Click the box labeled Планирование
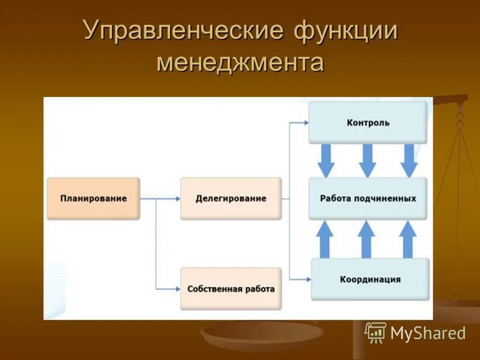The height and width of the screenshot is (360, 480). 93,199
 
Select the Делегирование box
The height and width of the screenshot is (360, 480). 230,199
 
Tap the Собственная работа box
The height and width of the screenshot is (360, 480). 230,289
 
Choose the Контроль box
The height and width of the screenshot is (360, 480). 368,122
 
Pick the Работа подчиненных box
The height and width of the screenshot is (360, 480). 368,198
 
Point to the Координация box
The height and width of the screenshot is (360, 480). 370,279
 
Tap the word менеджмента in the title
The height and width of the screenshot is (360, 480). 240,62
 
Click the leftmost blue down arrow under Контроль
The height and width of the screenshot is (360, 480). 326,160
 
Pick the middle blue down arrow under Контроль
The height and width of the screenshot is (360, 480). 367,160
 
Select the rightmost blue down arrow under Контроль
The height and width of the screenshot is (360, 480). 409,160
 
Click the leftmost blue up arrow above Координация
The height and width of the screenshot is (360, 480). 325,239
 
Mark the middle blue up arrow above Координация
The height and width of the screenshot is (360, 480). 367,239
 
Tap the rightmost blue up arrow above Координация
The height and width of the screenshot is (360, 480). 408,239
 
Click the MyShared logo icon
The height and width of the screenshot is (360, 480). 376,332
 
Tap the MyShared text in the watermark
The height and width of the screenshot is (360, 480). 428,333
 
